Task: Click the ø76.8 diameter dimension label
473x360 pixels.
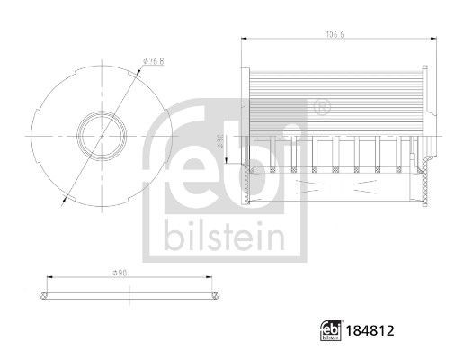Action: point(152,62)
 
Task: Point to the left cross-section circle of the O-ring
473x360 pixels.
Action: point(44,293)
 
